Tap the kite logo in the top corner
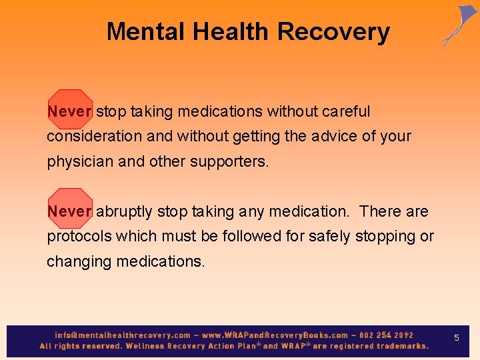[459, 25]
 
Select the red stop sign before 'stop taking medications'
[69, 110]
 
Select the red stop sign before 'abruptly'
[69, 211]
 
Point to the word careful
[346, 111]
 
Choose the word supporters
[229, 161]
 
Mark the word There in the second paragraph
[381, 211]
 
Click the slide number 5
[457, 338]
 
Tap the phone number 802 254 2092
[387, 335]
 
